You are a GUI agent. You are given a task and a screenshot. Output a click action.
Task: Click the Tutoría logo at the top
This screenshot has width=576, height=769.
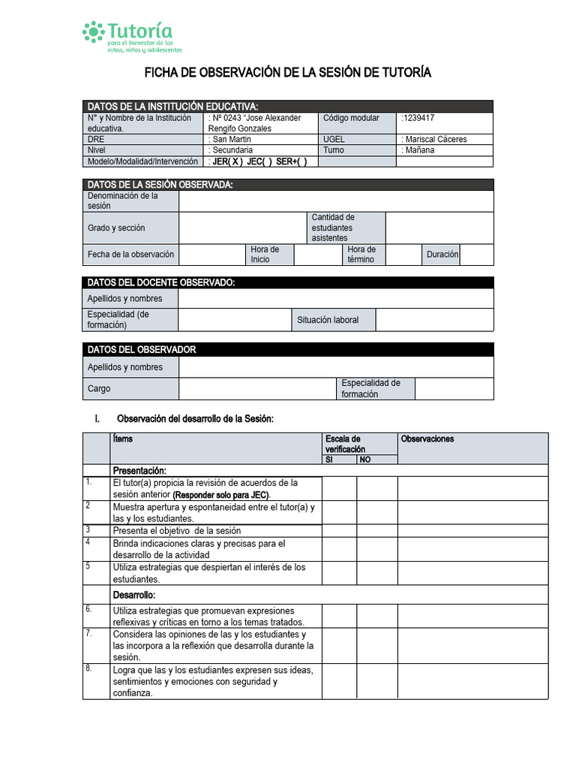tap(132, 36)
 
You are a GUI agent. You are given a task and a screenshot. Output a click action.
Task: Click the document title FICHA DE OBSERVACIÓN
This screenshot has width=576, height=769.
tap(287, 73)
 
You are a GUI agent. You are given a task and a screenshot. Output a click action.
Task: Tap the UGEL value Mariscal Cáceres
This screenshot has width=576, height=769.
tap(434, 139)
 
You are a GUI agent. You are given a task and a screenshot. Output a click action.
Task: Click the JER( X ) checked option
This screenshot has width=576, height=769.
tap(227, 161)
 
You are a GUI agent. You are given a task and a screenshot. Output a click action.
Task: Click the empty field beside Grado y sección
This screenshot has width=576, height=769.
tap(243, 228)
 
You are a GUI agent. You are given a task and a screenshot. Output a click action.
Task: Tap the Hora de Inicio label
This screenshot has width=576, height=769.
tap(265, 255)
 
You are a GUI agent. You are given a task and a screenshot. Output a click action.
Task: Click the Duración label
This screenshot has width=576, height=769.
tap(442, 255)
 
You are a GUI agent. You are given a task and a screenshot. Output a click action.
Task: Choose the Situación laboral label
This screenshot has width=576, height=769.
tap(328, 320)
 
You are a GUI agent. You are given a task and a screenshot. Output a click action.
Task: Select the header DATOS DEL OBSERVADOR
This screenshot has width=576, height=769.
tap(142, 350)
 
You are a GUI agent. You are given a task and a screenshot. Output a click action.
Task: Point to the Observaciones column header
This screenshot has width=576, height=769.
tap(427, 439)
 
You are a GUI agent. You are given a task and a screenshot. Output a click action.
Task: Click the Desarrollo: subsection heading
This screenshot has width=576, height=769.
tap(135, 595)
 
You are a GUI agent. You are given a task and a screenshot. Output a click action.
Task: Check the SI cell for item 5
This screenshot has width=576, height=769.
tap(339, 574)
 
